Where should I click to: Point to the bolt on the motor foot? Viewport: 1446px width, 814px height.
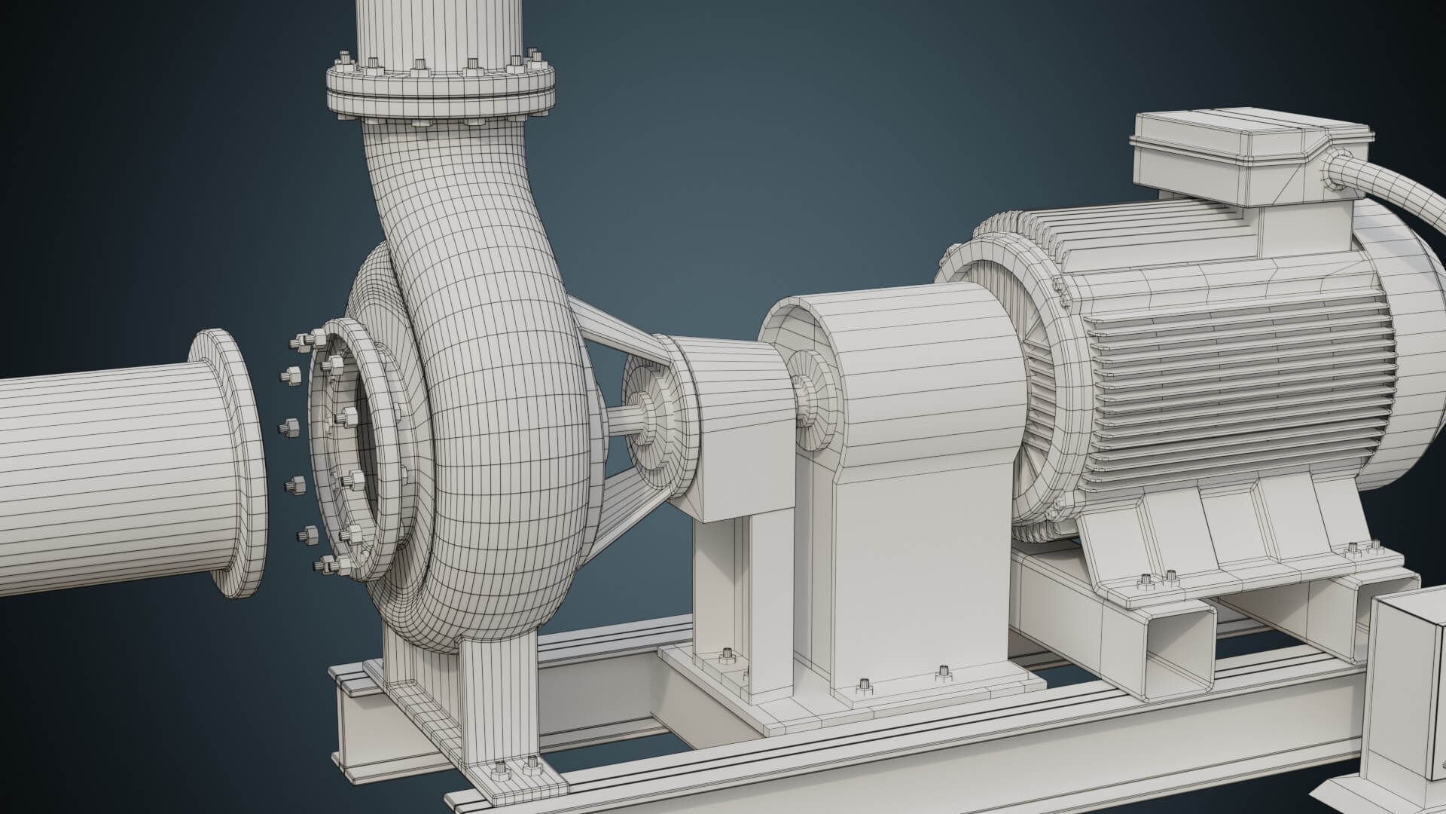[x=1145, y=579]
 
